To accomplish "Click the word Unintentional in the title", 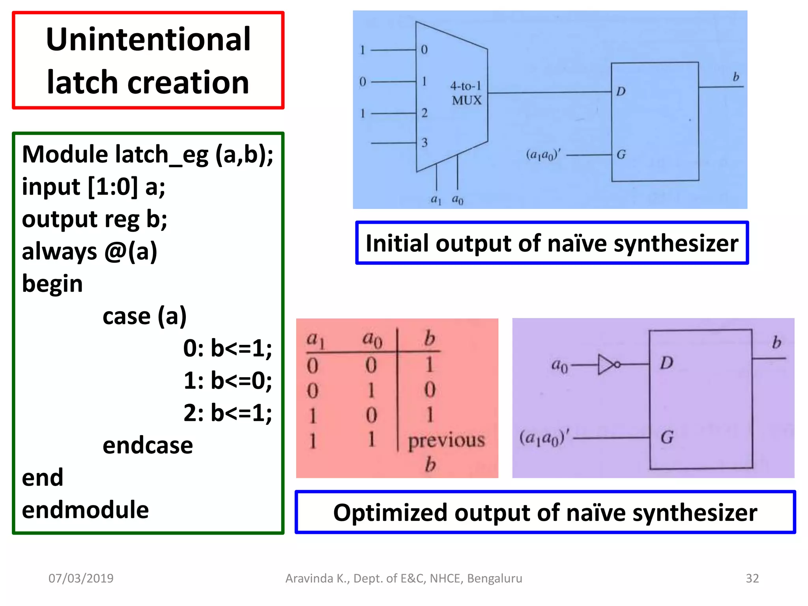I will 148,39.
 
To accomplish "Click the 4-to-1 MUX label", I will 466,93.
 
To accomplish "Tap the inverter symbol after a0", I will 608,365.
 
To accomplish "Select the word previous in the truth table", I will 446,440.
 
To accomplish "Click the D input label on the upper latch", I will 621,92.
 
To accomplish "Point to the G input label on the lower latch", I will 667,437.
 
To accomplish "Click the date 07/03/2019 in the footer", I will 81,578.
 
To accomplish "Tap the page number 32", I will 752,578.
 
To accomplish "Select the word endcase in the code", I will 148,446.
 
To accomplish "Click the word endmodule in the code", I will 85,510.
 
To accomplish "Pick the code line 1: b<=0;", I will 228,381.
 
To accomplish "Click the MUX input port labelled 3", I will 424,142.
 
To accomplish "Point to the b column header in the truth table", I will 429,339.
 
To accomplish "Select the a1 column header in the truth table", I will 315,339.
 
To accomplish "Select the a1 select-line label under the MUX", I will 436,200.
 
